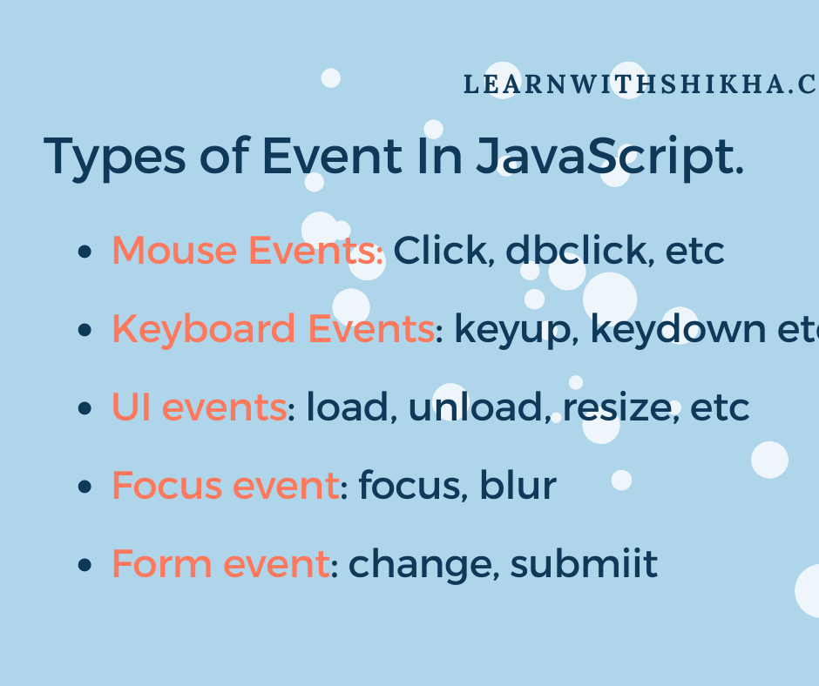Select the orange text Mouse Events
pyautogui.click(x=247, y=250)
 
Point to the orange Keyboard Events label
pyautogui.click(x=274, y=330)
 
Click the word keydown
pyautogui.click(x=678, y=330)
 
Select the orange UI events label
pyautogui.click(x=199, y=407)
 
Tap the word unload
pyautogui.click(x=478, y=407)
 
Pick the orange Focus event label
pyautogui.click(x=226, y=486)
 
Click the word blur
pyautogui.click(x=518, y=485)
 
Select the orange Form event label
pyautogui.click(x=221, y=564)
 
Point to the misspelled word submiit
pyautogui.click(x=584, y=564)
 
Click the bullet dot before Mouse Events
pyautogui.click(x=85, y=252)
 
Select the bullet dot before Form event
pyautogui.click(x=85, y=565)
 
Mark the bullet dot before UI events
pyautogui.click(x=85, y=408)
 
